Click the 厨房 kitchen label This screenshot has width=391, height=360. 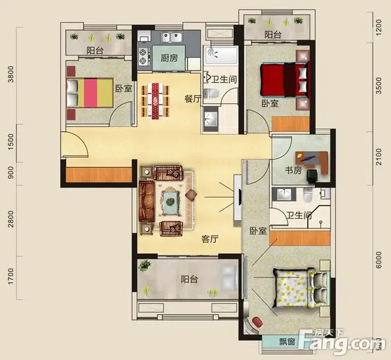[169, 58]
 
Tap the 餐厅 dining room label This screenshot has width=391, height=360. [193, 99]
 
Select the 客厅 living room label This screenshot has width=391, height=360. [210, 239]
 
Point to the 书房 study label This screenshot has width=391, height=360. [293, 170]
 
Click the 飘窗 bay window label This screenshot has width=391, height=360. [287, 341]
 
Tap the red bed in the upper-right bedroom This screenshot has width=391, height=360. [285, 79]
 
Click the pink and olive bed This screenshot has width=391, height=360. [89, 92]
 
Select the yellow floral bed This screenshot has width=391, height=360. [301, 288]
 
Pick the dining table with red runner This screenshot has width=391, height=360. [156, 101]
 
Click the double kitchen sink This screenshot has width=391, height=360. [172, 38]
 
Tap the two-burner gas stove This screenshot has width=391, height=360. [144, 56]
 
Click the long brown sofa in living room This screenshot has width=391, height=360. [147, 201]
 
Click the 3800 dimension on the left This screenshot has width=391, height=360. [11, 74]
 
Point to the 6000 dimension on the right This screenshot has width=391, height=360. [378, 260]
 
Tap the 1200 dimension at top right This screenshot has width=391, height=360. [378, 28]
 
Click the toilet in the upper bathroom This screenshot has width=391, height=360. [211, 94]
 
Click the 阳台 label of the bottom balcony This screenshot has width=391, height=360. [189, 279]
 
